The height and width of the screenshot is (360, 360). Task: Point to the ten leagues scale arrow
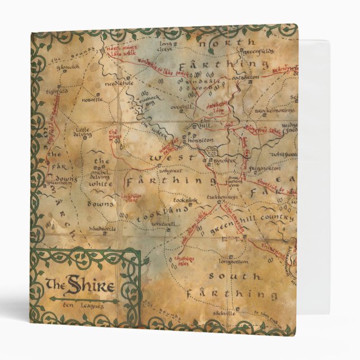tap(84, 300)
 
